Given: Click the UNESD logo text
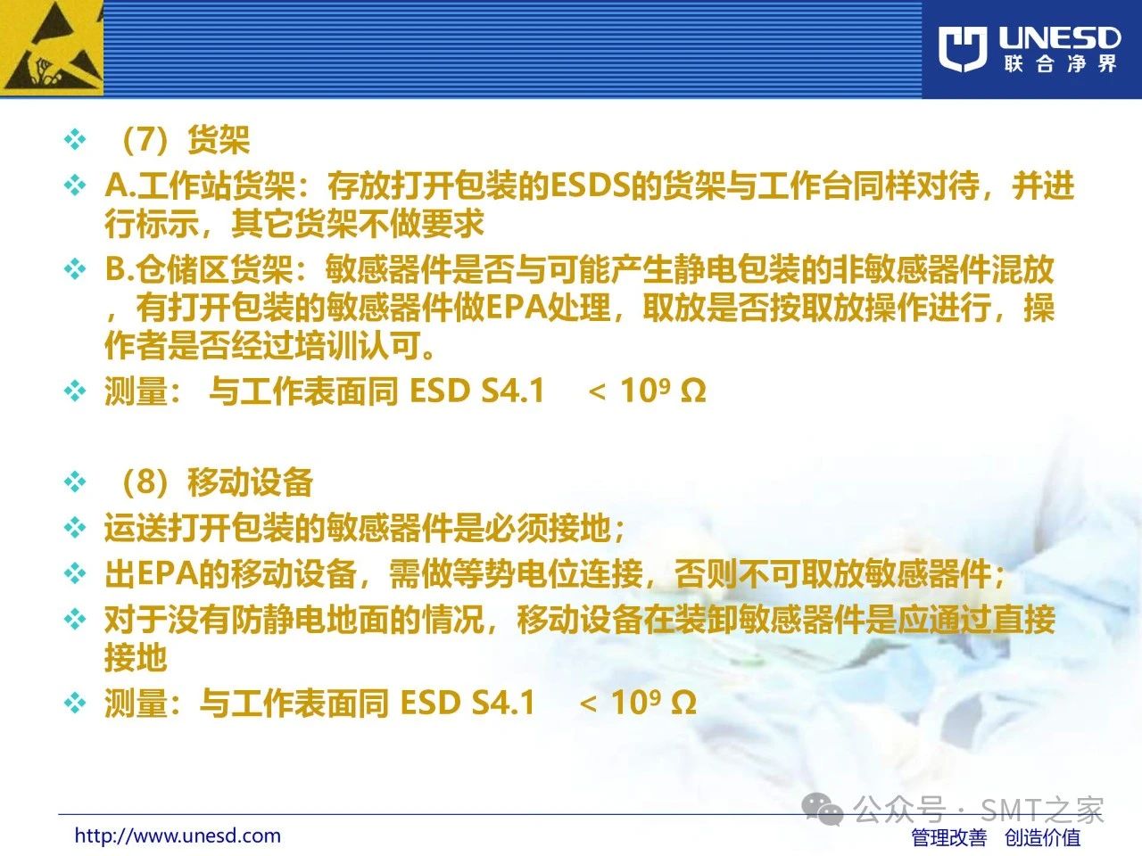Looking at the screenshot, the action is point(1060,38).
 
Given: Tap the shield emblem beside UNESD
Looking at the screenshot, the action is point(963,49).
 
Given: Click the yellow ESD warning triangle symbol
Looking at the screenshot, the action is point(52,48).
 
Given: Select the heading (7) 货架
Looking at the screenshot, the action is point(185,140).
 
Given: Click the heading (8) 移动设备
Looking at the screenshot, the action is point(216,481).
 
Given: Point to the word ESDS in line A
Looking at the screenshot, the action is point(590,185).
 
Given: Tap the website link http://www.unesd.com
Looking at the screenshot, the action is point(178,835).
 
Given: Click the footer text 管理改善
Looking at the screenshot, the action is point(949,837).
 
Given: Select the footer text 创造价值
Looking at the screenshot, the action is point(1042,837).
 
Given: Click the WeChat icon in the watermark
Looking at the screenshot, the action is point(822,810).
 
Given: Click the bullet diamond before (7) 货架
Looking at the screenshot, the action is point(75,140).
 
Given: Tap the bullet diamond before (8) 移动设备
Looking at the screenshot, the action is point(75,481).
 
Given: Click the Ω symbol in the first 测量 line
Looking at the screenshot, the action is point(693,391).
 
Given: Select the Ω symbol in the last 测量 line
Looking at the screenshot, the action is point(683,702).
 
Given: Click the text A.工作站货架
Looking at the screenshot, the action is point(201,185).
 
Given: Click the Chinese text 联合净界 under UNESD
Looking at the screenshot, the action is point(1060,63).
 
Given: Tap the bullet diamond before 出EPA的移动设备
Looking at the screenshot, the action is point(75,573).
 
